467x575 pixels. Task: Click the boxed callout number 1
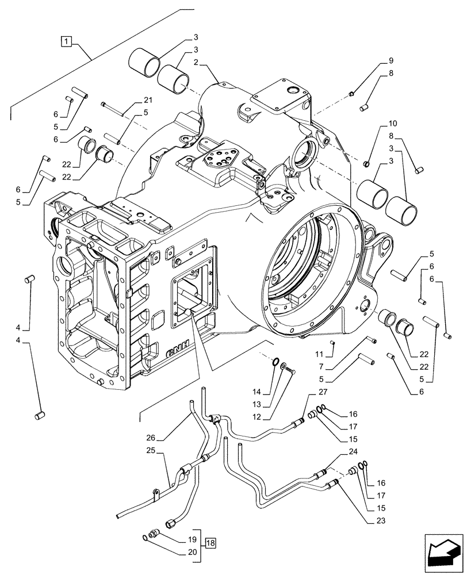(68, 41)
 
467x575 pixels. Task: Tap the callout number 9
(391, 60)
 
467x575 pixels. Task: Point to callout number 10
(392, 124)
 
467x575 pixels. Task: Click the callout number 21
(147, 99)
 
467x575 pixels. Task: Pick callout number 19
(193, 540)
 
